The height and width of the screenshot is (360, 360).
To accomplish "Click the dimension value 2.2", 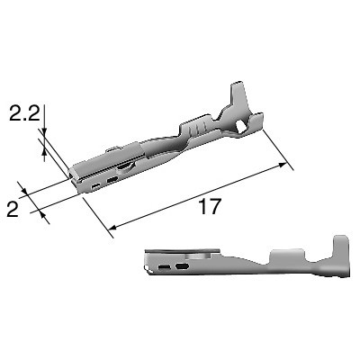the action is click(24, 113).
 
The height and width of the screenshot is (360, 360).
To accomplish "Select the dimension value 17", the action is click(210, 206).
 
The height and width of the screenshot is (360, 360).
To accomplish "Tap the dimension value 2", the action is click(13, 209).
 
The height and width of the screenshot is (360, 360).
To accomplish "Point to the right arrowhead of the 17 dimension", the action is click(283, 165).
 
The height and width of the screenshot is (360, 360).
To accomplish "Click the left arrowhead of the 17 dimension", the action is click(112, 227).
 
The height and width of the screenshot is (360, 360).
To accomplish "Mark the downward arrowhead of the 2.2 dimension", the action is click(44, 130).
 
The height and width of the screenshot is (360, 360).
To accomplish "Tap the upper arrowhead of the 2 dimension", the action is click(24, 191).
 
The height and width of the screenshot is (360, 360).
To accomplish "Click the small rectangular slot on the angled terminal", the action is click(96, 187).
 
